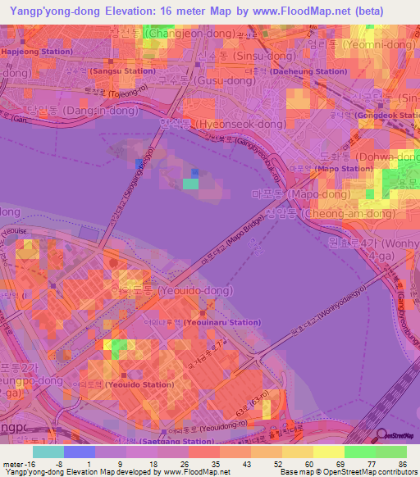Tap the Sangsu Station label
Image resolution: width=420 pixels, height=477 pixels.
(122, 70)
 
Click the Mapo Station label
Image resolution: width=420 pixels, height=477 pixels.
(345, 169)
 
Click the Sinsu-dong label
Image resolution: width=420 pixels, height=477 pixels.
(244, 56)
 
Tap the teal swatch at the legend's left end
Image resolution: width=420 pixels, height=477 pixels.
(48, 452)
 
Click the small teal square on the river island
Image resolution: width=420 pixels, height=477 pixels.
(190, 184)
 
